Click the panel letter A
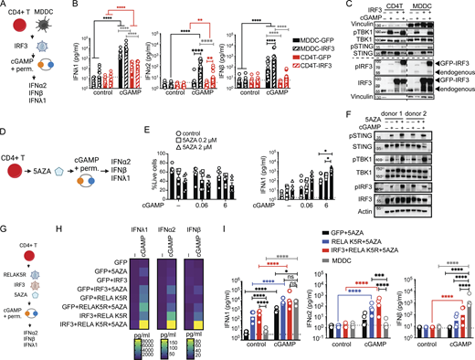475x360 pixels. pyautogui.click(x=5, y=5)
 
